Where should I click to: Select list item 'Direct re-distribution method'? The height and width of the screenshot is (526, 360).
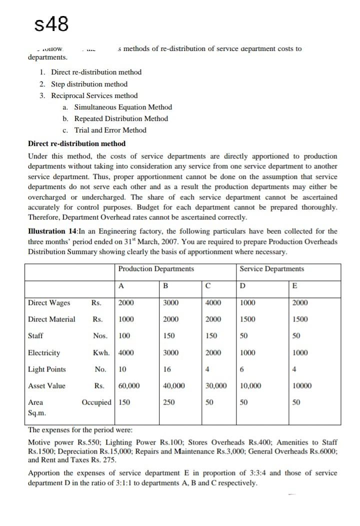(96, 72)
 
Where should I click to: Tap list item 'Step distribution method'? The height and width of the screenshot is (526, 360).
(89, 84)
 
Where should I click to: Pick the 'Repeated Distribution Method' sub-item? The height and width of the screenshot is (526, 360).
(121, 118)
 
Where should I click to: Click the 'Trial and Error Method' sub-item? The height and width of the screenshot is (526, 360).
(110, 130)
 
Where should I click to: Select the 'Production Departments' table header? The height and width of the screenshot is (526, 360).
(156, 269)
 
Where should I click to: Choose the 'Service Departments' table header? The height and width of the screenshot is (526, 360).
(271, 269)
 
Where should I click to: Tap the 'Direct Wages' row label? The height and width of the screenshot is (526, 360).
(49, 302)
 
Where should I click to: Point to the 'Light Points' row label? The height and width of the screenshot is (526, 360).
(47, 369)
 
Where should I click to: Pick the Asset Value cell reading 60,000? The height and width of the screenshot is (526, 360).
(129, 386)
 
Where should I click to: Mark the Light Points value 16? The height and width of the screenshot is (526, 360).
(167, 369)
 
